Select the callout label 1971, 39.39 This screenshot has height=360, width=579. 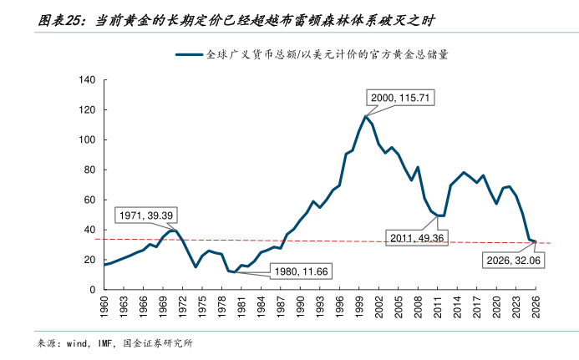pos(145,215)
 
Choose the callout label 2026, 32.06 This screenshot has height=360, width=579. pos(513,260)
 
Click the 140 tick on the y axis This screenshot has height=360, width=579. pos(87,80)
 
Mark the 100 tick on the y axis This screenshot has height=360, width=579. pos(87,140)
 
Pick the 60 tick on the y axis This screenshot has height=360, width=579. pos(89,200)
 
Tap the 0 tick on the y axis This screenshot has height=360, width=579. pos(93,290)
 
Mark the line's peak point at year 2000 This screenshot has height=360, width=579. pos(366,116)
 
